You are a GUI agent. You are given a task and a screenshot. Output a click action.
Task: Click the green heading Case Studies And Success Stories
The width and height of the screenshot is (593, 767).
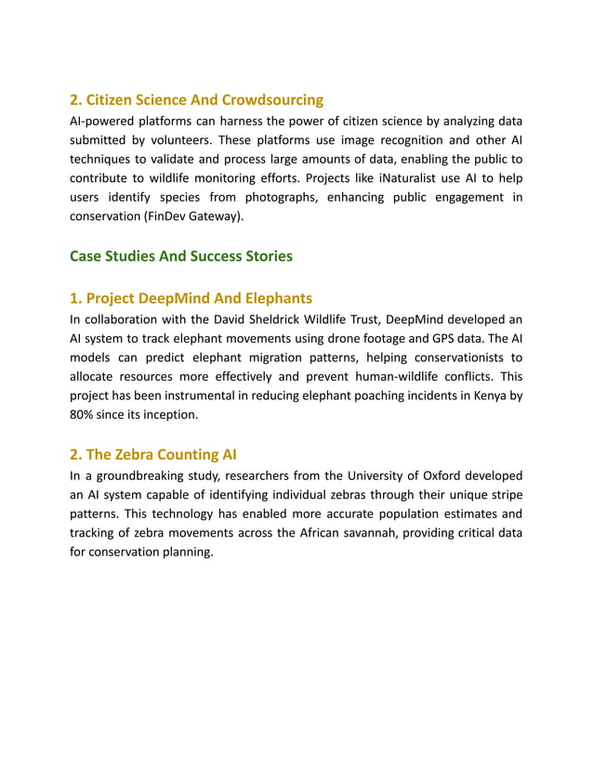[181, 255]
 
